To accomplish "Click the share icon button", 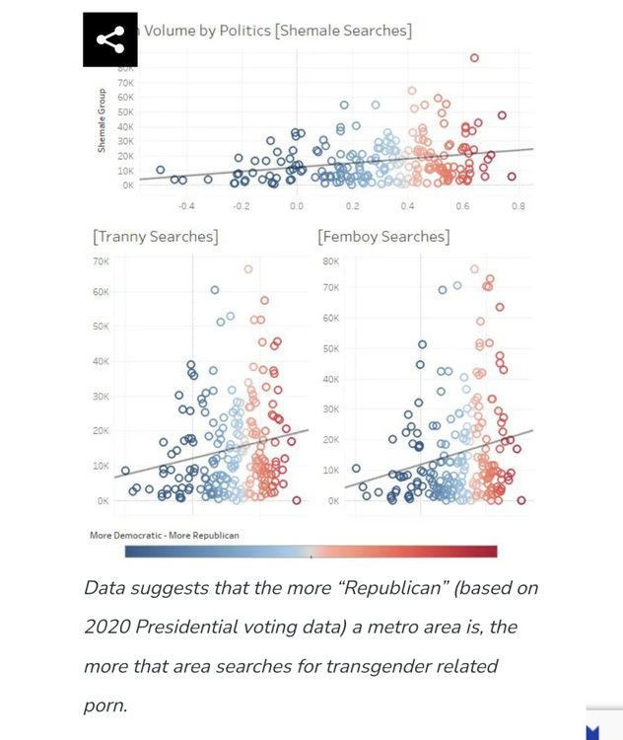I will click(109, 40).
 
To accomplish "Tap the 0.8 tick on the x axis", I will click(518, 206).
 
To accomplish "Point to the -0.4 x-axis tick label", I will click(185, 206).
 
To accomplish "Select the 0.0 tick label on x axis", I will click(297, 206).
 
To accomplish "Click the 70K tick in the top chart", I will click(125, 83).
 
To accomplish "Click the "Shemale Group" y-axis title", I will click(102, 120).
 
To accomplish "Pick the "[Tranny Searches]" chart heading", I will click(155, 237).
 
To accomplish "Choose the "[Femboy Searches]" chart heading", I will click(383, 237).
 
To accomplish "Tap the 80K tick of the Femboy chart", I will click(330, 261).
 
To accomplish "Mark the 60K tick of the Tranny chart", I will click(101, 292).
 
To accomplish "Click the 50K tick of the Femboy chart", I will click(330, 348).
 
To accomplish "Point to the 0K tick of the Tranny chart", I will click(103, 500).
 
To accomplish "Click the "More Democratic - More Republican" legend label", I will click(164, 535).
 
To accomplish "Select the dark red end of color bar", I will click(489, 552).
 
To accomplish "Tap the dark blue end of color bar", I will click(134, 552).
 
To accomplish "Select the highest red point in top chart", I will click(474, 58).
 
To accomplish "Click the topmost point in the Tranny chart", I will click(248, 268).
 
